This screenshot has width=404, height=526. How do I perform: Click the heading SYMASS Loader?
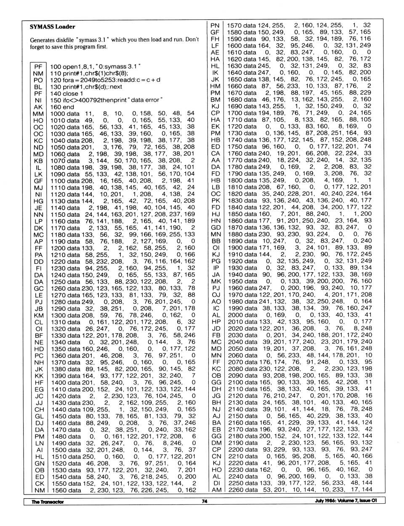53,26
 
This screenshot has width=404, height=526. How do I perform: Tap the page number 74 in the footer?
205,501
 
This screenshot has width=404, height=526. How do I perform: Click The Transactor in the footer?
48,502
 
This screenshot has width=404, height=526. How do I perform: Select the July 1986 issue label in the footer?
346,501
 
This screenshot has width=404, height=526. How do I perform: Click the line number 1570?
234,26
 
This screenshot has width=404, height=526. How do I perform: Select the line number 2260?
234,489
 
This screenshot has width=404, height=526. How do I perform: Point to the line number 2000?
234,315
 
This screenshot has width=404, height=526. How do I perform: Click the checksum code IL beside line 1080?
38,168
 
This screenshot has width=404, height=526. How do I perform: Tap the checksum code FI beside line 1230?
38,268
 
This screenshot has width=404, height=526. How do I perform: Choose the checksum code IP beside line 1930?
216,268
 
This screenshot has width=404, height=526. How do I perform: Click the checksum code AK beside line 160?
38,107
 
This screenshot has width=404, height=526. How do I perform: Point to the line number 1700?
234,113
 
